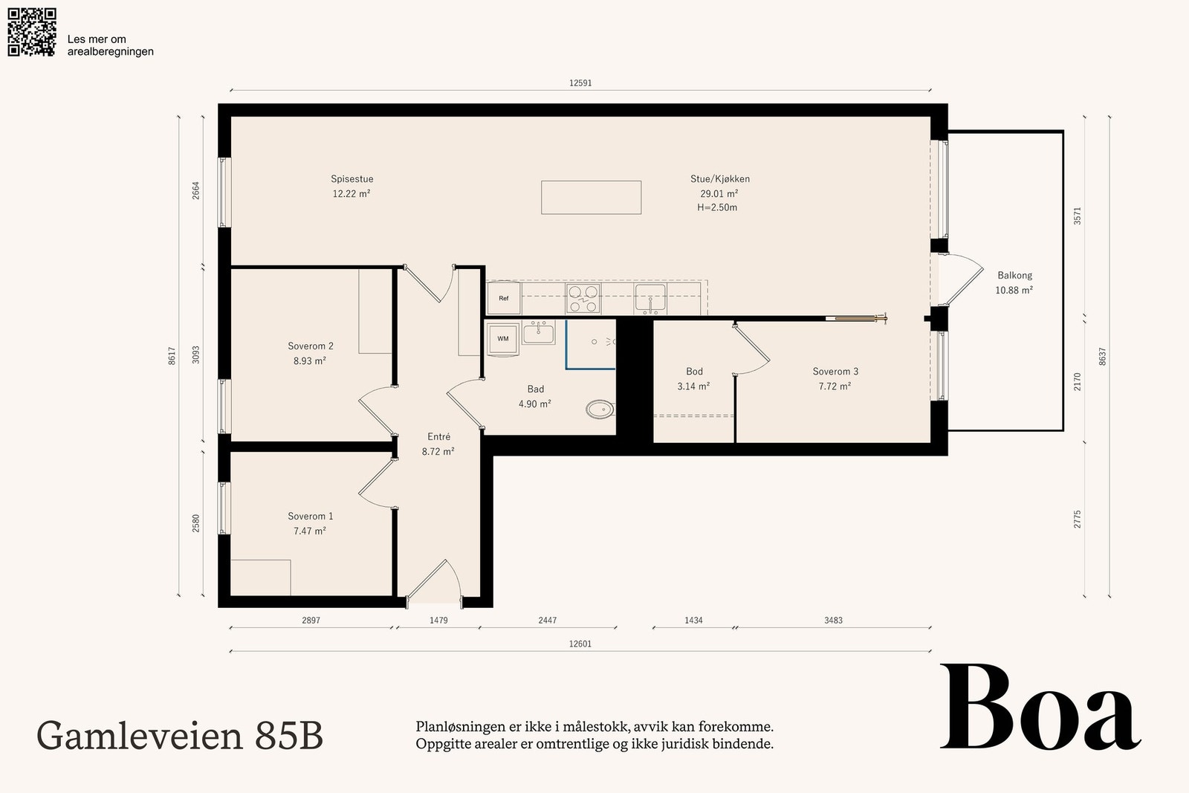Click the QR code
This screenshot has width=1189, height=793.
point(32,32)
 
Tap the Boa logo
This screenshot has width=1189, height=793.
point(1040,707)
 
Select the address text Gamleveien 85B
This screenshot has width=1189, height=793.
point(179,736)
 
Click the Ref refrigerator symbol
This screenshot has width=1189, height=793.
point(504,298)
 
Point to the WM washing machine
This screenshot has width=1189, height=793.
point(502,339)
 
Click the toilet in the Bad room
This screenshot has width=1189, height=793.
point(600,410)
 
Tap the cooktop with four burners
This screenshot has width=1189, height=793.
point(583,298)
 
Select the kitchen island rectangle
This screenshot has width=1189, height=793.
point(592,198)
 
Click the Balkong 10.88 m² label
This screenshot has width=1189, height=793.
point(1014,283)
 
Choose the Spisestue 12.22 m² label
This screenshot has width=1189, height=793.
point(352,187)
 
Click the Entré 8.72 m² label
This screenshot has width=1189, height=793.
point(438,444)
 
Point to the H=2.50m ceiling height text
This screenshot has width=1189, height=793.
point(717,207)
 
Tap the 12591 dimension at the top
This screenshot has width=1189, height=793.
point(580,82)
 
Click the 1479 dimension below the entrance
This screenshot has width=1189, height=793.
point(438,620)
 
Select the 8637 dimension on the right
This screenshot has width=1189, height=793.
point(1102,356)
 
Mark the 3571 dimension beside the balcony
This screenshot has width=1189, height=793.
point(1077,216)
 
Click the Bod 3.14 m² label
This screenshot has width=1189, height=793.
point(694,379)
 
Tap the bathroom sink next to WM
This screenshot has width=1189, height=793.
point(539,333)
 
